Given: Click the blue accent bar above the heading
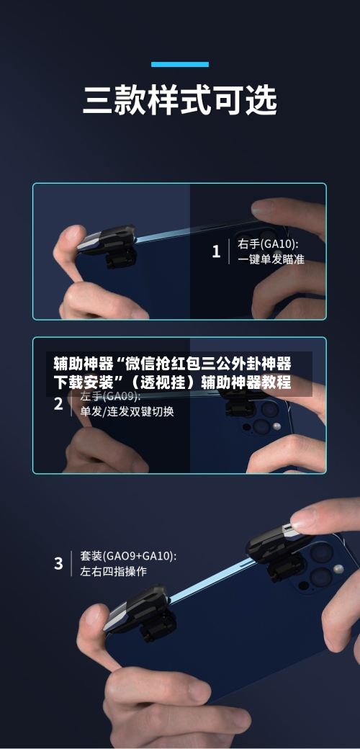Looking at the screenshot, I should (x=180, y=64).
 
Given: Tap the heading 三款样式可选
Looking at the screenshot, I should (x=180, y=101).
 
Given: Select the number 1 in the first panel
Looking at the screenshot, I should (x=216, y=251).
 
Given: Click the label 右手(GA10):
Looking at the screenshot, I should (x=268, y=244).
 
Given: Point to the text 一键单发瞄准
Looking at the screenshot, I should (x=271, y=259).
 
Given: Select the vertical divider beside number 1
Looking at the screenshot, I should (x=229, y=251).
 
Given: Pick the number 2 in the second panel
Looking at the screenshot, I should (x=58, y=404).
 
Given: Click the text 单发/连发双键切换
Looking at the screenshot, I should (x=127, y=412).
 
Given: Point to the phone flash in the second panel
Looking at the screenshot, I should (x=276, y=427).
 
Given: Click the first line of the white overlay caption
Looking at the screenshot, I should (x=172, y=363).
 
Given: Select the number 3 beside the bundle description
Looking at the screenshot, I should (x=58, y=564).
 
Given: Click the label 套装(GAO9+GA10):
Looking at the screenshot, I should (x=128, y=556).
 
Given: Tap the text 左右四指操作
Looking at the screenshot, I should (x=113, y=572).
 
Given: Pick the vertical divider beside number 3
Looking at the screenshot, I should (x=71, y=564).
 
